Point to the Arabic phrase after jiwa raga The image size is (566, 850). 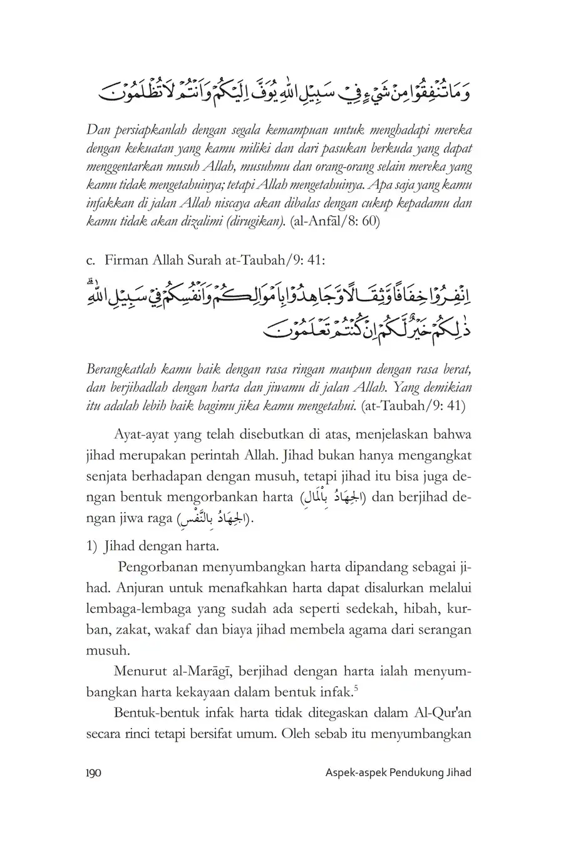[212, 519]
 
